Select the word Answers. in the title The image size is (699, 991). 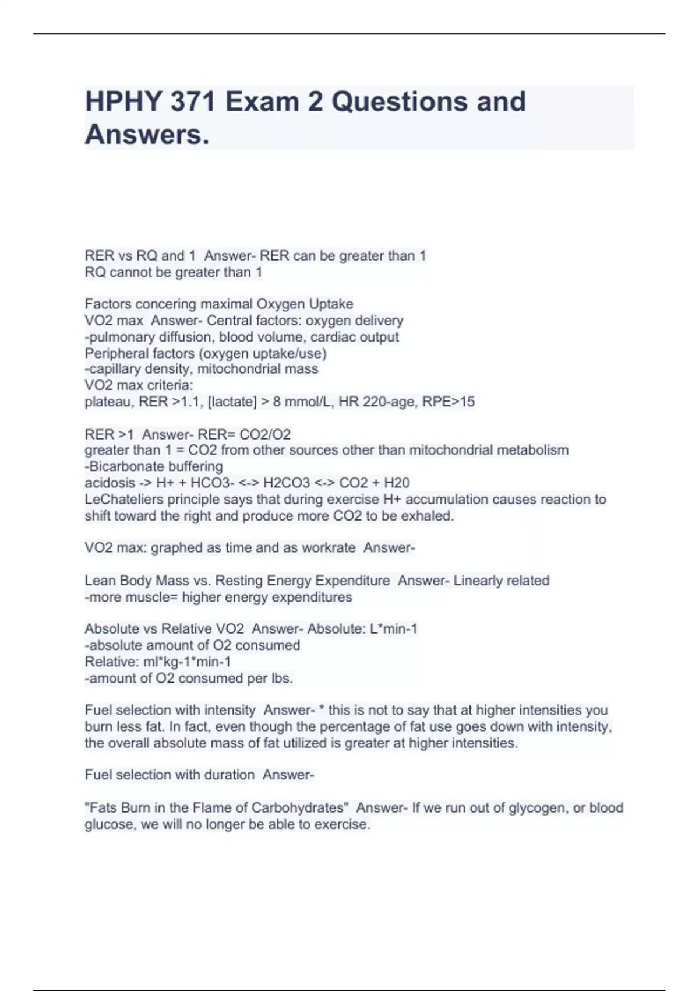147,135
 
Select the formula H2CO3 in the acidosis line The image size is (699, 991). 287,483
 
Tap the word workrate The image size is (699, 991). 327,547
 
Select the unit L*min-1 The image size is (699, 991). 394,629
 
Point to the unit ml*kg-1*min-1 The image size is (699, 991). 187,662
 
